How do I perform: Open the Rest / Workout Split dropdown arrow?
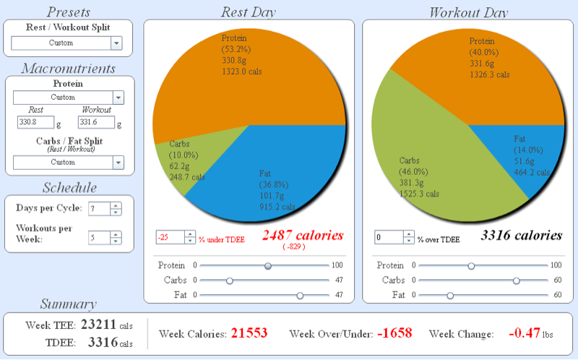(x=116, y=43)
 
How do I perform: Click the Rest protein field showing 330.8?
(x=35, y=122)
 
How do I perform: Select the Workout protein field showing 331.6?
(x=96, y=122)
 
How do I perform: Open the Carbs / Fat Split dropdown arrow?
(x=118, y=163)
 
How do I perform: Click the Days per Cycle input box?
(x=99, y=209)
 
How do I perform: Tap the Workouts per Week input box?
(x=99, y=238)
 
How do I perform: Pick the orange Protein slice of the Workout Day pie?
(x=479, y=74)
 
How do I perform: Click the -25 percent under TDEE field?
(x=170, y=238)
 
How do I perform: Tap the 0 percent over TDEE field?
(x=389, y=238)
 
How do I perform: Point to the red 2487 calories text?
(x=303, y=236)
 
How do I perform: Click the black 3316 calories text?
(x=522, y=236)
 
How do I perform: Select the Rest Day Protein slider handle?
(x=268, y=266)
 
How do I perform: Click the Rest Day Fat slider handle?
(x=300, y=296)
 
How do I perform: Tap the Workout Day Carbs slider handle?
(x=517, y=280)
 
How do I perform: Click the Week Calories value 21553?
(x=249, y=333)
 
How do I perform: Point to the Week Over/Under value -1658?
(x=394, y=333)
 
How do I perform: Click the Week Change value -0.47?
(x=525, y=333)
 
